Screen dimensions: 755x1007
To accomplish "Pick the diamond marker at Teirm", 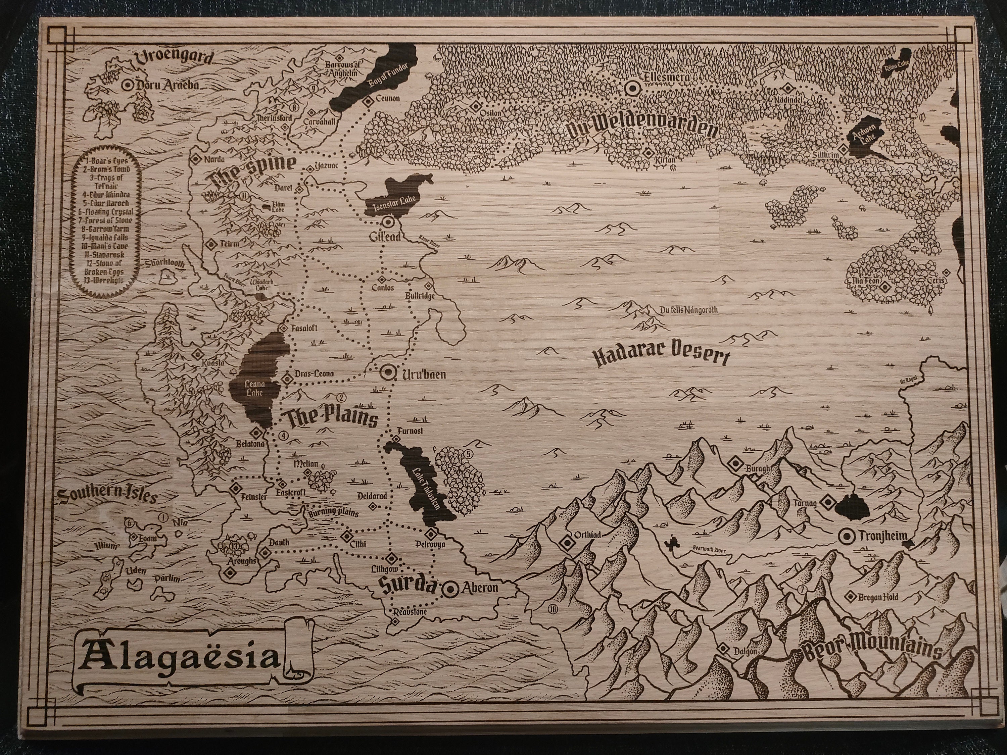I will point(211,244).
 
